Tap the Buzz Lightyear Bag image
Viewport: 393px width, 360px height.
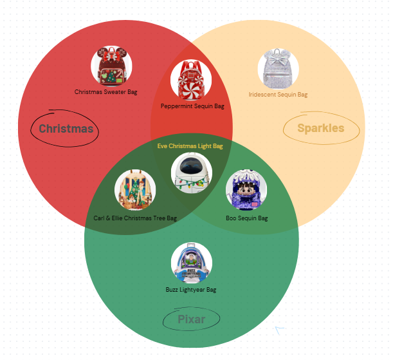pyautogui.click(x=192, y=263)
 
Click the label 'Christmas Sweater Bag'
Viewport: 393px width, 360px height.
pyautogui.click(x=105, y=92)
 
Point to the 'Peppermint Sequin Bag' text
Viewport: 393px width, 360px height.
pyautogui.click(x=192, y=106)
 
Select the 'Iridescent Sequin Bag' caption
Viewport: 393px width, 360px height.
pyautogui.click(x=278, y=95)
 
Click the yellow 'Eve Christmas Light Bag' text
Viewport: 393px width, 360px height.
pyautogui.click(x=190, y=146)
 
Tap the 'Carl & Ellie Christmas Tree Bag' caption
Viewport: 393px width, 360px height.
pyautogui.click(x=135, y=218)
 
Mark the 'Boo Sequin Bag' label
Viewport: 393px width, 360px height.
pyautogui.click(x=246, y=218)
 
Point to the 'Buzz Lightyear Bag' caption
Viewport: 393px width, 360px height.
pyautogui.click(x=191, y=290)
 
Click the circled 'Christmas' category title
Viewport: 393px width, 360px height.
pyautogui.click(x=66, y=129)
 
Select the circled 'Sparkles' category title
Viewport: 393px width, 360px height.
pyautogui.click(x=320, y=128)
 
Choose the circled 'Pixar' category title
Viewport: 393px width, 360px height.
pyautogui.click(x=191, y=319)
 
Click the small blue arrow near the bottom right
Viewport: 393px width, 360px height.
pyautogui.click(x=279, y=330)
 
